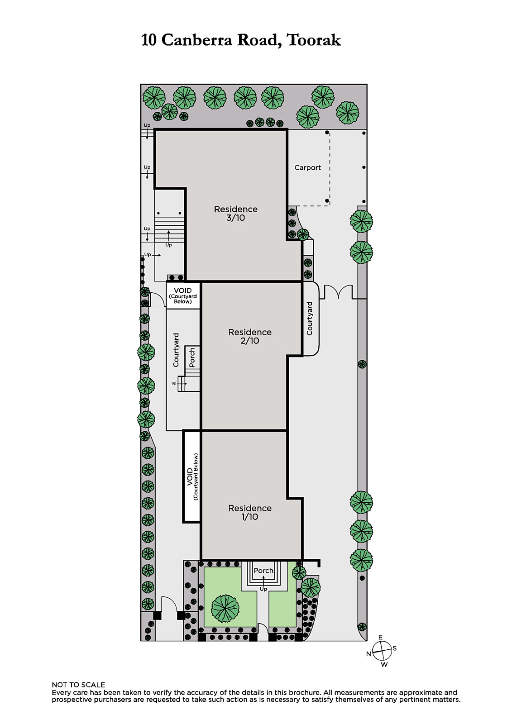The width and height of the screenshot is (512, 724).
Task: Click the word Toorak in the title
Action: tap(313, 40)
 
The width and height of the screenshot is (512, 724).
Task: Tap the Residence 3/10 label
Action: tap(236, 213)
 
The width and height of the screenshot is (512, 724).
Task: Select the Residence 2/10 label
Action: tap(250, 336)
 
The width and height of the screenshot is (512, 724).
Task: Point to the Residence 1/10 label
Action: tap(250, 512)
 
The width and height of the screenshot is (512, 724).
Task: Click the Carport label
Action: tap(307, 167)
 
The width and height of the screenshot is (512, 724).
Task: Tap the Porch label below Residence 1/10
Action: tap(263, 571)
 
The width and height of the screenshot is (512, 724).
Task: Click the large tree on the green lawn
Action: tap(225, 609)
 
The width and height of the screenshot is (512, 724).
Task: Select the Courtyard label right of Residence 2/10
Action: tap(310, 319)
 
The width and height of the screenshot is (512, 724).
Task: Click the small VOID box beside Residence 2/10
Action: tap(183, 295)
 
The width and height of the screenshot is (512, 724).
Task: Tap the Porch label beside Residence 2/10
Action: tap(192, 357)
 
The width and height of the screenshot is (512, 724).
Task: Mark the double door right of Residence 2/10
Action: tap(338, 291)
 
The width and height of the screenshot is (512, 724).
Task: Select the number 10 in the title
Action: tap(149, 40)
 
